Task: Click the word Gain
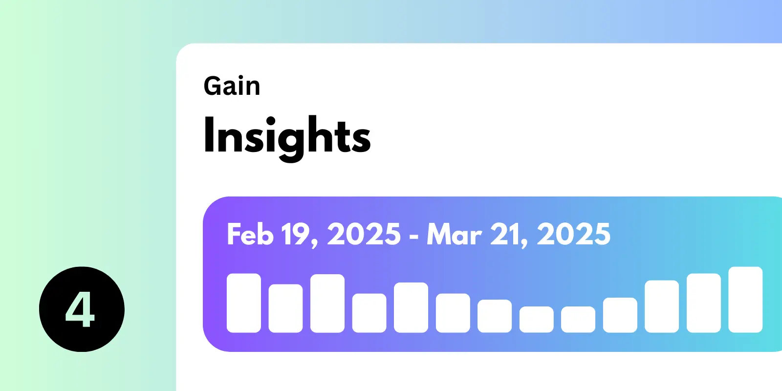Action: (232, 86)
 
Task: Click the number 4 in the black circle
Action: (80, 310)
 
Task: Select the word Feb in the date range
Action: (250, 234)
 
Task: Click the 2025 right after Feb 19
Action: (364, 234)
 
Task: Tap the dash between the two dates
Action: (413, 237)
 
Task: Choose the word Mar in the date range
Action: (455, 234)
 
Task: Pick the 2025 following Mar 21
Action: (574, 234)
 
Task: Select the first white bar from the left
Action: (244, 303)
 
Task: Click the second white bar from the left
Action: (285, 308)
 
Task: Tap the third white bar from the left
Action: (327, 304)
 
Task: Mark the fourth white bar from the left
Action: (369, 313)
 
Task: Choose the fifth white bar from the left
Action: (411, 307)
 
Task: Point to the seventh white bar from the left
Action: (495, 316)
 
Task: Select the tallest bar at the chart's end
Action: (745, 300)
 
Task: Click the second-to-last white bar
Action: (704, 303)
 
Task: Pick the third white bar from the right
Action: (662, 306)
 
